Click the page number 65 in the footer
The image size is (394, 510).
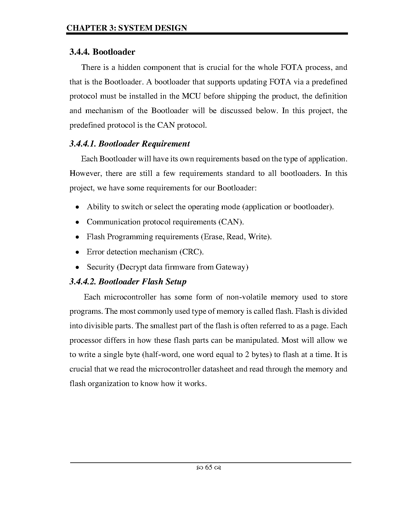(209, 467)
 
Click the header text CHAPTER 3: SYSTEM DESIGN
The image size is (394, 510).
(127, 28)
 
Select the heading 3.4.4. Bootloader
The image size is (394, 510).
(102, 52)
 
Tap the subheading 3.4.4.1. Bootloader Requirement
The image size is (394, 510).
(129, 144)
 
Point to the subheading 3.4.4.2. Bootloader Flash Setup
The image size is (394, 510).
(128, 282)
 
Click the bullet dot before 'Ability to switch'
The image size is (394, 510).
(78, 207)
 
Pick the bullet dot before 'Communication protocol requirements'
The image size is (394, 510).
(78, 222)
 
